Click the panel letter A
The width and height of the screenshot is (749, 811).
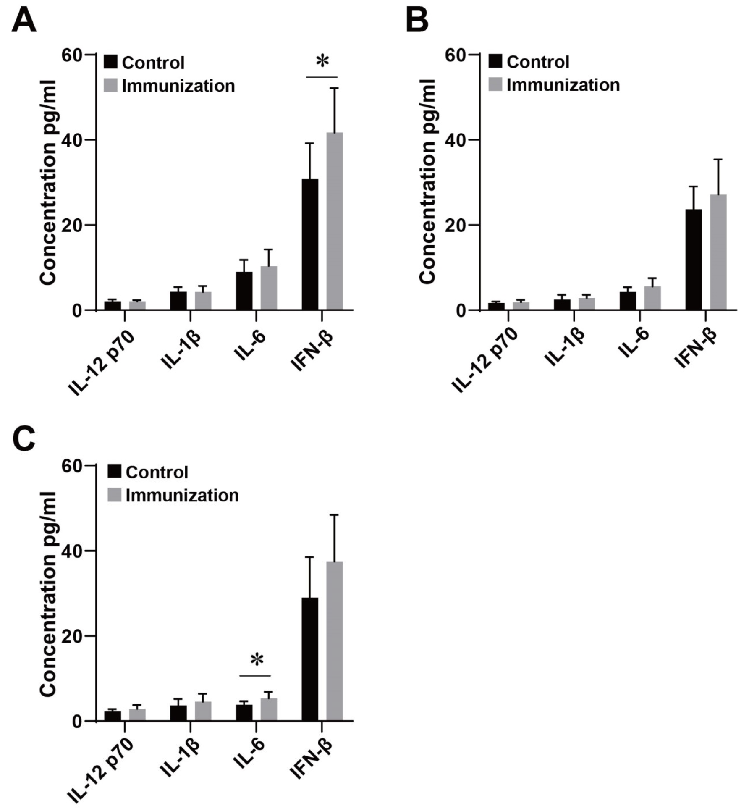[x=24, y=21]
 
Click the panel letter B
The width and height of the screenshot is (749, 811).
[x=417, y=21]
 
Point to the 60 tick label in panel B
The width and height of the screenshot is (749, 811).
[x=457, y=55]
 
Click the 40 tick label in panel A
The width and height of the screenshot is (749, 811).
[x=71, y=140]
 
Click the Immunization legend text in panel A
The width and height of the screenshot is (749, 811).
[x=178, y=86]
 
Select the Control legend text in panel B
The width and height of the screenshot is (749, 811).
[x=538, y=62]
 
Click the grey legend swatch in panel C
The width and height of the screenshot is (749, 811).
[x=115, y=495]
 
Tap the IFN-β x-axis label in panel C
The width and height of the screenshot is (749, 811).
[x=312, y=764]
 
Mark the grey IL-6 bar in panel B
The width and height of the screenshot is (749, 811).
[x=652, y=298]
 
